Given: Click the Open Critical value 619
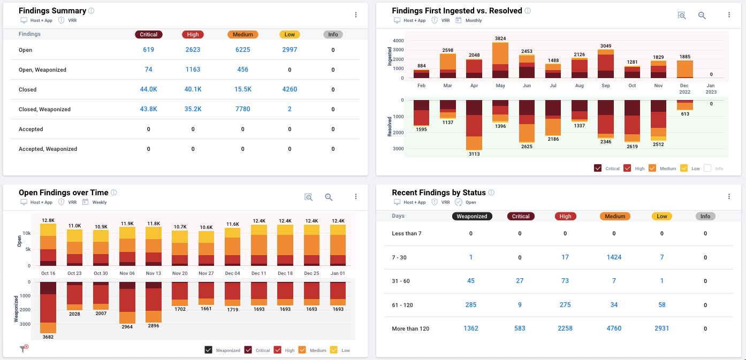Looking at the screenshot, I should (148, 50).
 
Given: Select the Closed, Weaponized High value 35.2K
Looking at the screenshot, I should (193, 109).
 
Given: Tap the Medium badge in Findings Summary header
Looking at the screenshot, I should (242, 34).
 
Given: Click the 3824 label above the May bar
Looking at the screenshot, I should (500, 39).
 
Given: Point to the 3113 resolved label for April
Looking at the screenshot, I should (474, 154).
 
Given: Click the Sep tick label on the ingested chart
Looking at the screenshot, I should (605, 86).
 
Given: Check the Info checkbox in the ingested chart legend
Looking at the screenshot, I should (707, 168).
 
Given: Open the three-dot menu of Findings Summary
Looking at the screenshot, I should (356, 15).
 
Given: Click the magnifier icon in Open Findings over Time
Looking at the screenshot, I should (329, 197).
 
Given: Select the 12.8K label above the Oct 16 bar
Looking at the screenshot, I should (48, 220).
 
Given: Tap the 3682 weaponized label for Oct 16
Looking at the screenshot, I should (48, 337).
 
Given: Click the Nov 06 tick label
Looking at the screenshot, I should (127, 273).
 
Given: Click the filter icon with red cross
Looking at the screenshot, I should (24, 349).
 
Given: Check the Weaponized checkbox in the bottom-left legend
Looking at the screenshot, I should (209, 350).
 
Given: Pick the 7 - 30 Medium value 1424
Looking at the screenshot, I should (614, 257).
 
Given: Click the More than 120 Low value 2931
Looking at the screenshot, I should (661, 328).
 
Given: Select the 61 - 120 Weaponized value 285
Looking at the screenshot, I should (471, 305).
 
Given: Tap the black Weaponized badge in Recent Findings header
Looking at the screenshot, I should (471, 216).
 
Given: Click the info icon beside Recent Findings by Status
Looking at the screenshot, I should (491, 193).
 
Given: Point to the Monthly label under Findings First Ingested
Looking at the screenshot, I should (474, 20).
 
